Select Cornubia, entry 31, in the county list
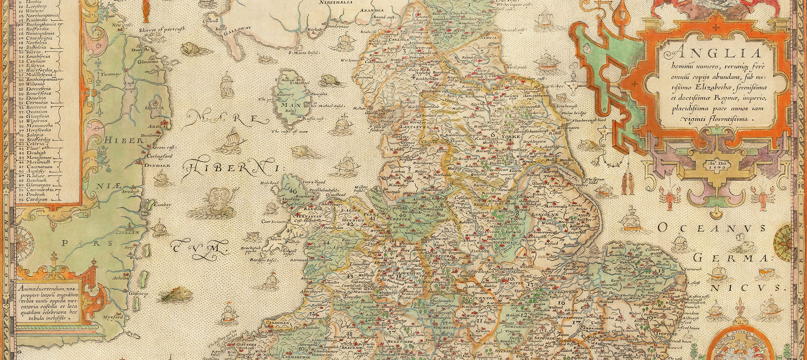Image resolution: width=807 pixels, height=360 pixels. pos(36,103)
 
